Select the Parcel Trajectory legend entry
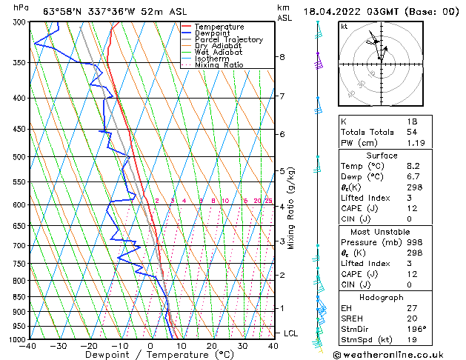(228, 40)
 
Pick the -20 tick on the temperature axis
(89, 346)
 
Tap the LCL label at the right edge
(290, 334)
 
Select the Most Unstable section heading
(380, 231)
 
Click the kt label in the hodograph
(344, 26)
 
